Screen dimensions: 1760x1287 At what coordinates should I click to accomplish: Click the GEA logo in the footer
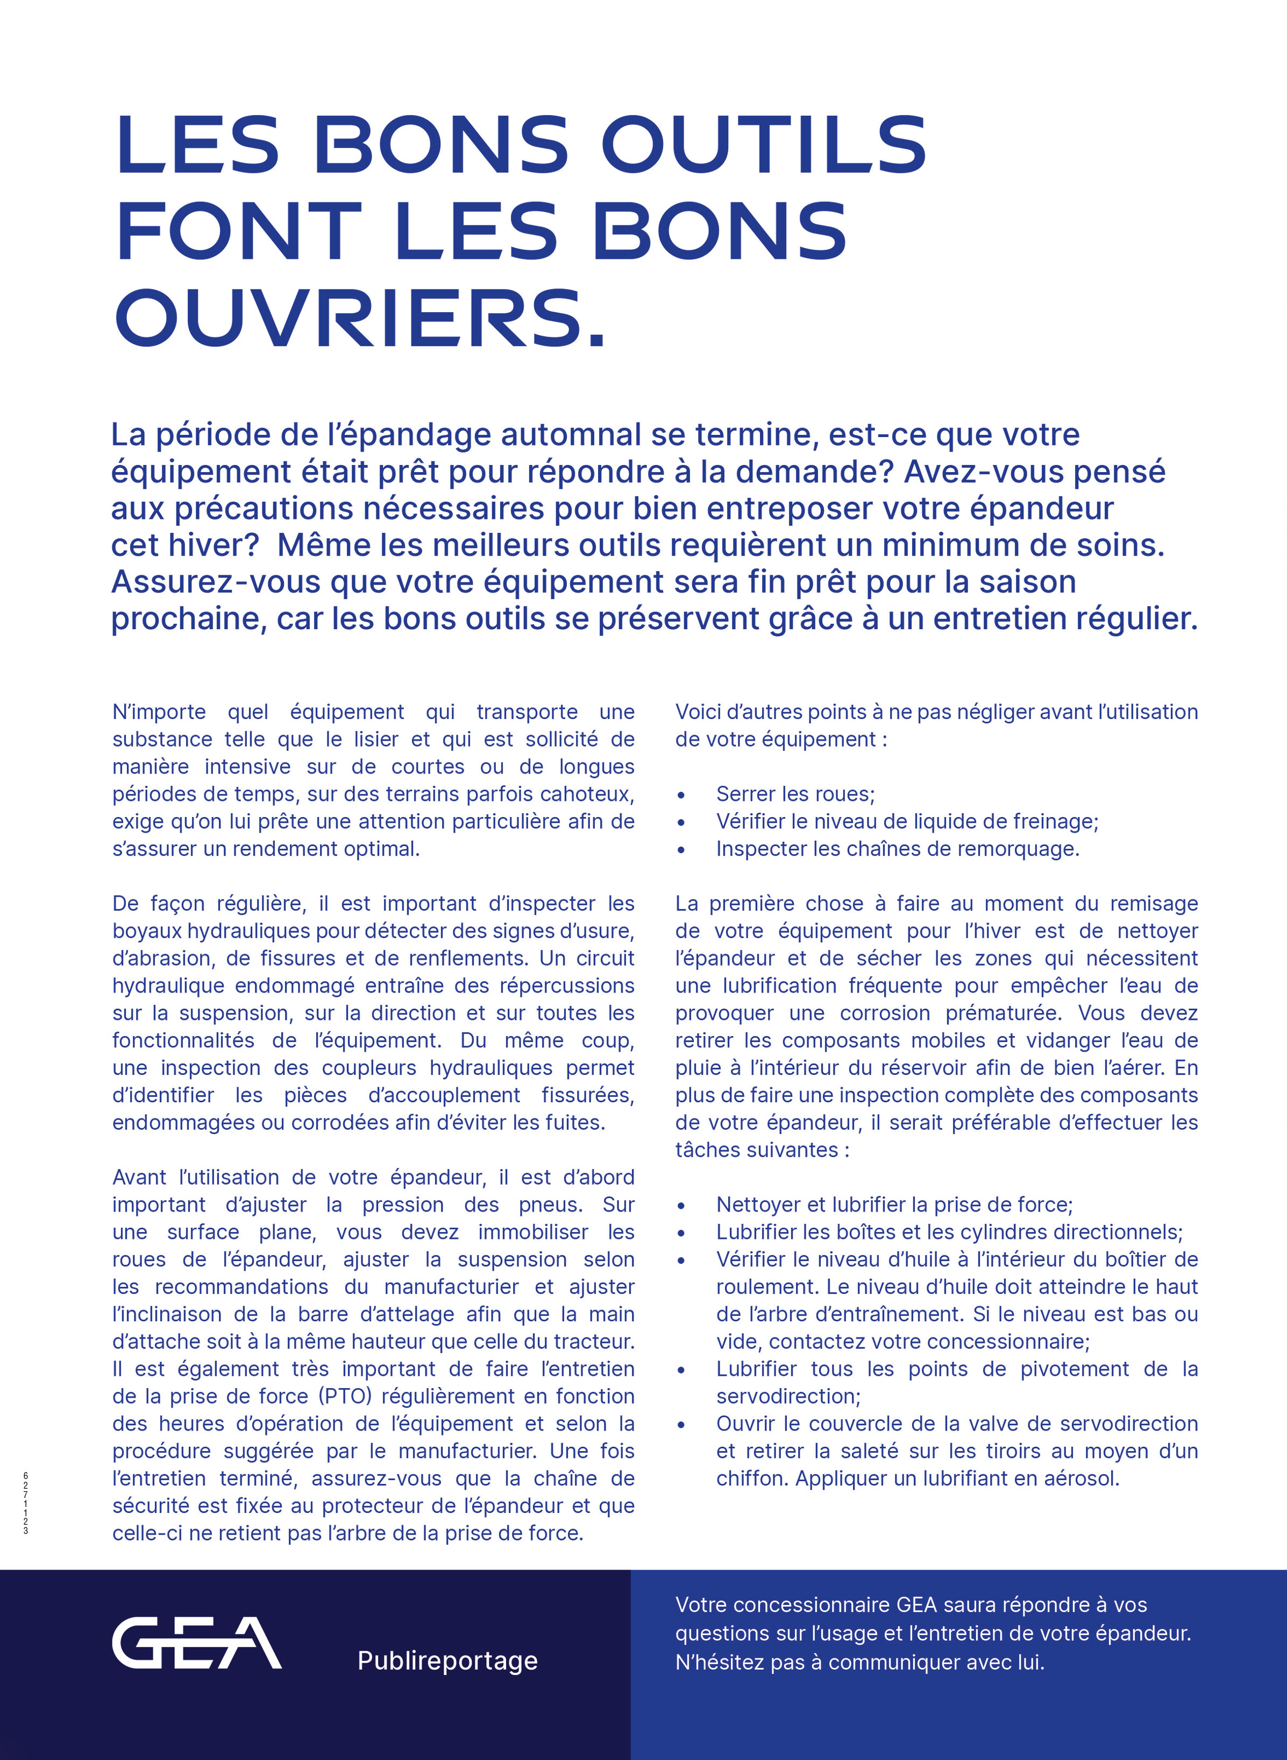click(x=196, y=1644)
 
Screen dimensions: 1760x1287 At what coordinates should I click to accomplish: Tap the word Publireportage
click(x=447, y=1661)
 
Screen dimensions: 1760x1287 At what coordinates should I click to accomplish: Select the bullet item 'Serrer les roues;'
click(x=795, y=793)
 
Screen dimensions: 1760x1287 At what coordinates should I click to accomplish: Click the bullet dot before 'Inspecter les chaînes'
click(x=681, y=850)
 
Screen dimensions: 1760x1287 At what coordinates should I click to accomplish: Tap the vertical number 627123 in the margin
click(x=26, y=1503)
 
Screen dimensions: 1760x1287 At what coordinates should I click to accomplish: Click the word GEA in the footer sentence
click(x=917, y=1605)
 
